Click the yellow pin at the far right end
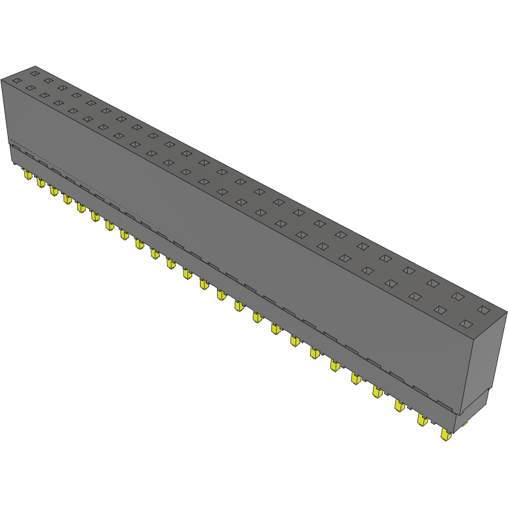pyautogui.click(x=446, y=435)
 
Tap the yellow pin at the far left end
pyautogui.click(x=28, y=176)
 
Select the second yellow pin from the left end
pyautogui.click(x=40, y=182)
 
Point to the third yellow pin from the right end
pyautogui.click(x=399, y=405)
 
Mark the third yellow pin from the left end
pyautogui.click(x=53, y=190)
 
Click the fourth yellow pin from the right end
pyautogui.click(x=378, y=391)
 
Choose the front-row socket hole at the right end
pyautogui.click(x=466, y=324)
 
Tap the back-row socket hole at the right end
pyautogui.click(x=484, y=309)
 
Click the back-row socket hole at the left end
pyautogui.click(x=35, y=73)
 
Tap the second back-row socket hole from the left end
pyautogui.click(x=48, y=81)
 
